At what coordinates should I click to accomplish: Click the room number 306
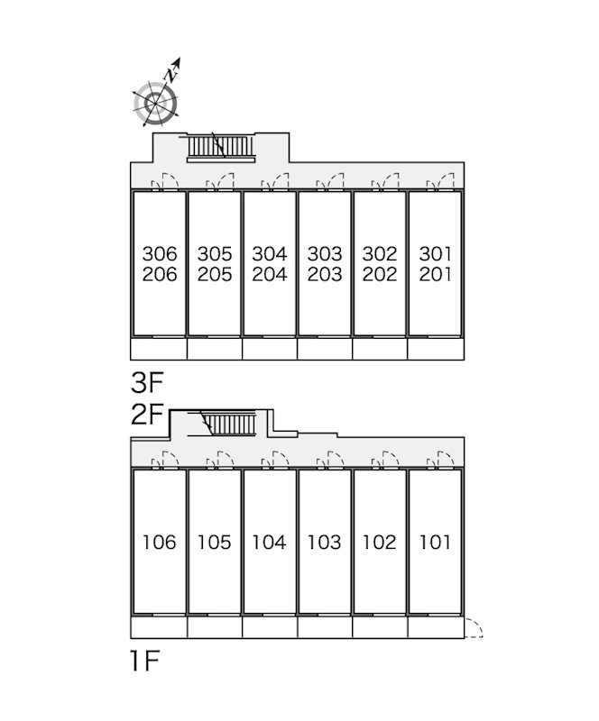click(x=160, y=253)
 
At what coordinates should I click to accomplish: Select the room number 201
click(x=435, y=274)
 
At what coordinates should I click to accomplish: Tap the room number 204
click(x=270, y=274)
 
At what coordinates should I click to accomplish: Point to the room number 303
click(x=325, y=253)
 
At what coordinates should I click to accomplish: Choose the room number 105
click(x=214, y=543)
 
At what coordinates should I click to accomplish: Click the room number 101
click(x=435, y=543)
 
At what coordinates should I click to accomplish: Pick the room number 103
click(x=324, y=543)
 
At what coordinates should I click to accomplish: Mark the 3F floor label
click(x=147, y=382)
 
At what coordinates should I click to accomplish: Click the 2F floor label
click(x=147, y=415)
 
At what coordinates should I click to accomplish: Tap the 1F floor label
click(x=144, y=661)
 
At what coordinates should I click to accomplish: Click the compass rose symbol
click(x=156, y=104)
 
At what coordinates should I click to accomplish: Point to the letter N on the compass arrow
click(x=172, y=74)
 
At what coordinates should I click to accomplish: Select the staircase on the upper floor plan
click(x=221, y=147)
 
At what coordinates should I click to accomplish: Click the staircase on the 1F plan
click(x=229, y=424)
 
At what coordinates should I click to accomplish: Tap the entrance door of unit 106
click(x=165, y=460)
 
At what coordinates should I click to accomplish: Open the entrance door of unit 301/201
click(x=440, y=181)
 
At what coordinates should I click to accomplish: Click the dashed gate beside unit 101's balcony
click(x=474, y=628)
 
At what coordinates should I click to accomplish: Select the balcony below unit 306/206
click(x=159, y=349)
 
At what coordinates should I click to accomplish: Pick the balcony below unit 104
click(x=270, y=627)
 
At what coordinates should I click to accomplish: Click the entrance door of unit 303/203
click(x=330, y=181)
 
